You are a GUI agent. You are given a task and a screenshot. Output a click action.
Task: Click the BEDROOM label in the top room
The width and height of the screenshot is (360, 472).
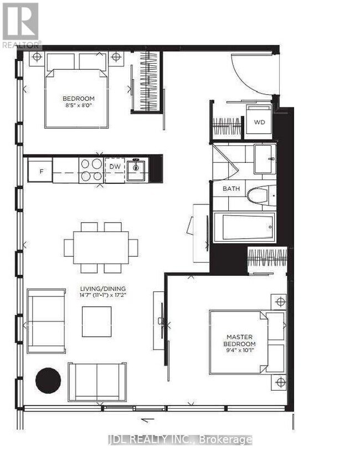pos(78,99)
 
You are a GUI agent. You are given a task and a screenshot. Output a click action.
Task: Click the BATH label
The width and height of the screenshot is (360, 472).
pos(232,188)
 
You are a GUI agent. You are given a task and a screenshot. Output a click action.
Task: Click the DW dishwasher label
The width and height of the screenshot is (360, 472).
pos(115,166)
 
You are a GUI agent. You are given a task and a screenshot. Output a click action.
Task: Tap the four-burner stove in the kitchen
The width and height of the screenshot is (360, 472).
pos(91,170)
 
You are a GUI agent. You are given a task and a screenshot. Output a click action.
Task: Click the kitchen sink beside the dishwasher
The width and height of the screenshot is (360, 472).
pos(136,170)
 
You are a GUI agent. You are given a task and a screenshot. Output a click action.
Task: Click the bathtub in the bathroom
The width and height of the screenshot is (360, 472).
pos(244,227)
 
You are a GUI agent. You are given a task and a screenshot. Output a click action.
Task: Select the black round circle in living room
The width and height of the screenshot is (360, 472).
pos(48,381)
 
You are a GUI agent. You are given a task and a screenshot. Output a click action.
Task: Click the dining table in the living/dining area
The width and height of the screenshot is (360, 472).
pos(101,248)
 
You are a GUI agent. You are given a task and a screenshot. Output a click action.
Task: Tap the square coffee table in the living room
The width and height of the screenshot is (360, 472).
pos(96,321)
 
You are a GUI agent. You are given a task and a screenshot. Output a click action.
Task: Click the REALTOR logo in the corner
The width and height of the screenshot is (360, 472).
pos(20,25)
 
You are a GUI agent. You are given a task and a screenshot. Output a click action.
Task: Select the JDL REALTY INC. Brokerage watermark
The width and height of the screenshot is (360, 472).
pos(179,440)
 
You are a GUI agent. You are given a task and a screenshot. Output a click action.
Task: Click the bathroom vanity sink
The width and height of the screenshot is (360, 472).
pos(264,159)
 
